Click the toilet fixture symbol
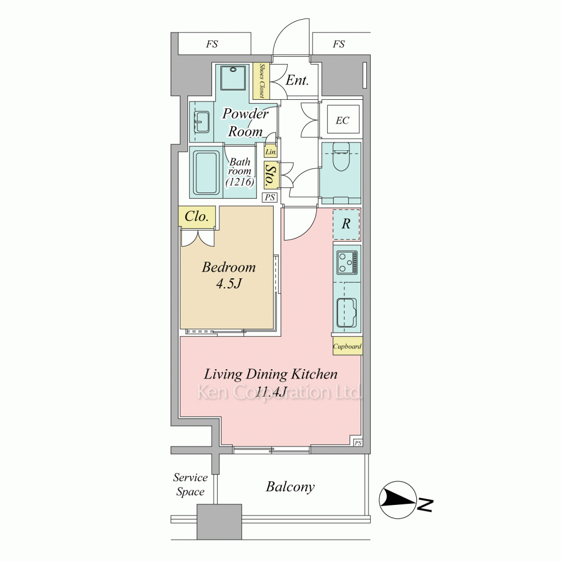coord(341,157)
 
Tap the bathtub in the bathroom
coord(206,173)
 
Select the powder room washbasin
coord(202,122)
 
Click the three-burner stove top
coord(347,262)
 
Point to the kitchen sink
coord(347,312)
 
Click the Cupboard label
coord(347,346)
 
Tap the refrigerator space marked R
coord(346,224)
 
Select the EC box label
coord(342,120)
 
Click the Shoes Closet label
coord(261,81)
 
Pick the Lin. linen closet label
coord(271,151)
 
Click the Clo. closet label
coord(196,216)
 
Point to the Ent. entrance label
coord(297,80)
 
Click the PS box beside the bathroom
coord(270,197)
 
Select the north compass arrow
coord(398,500)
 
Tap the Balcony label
coord(290,486)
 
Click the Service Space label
coord(190,485)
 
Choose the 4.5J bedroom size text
coord(229,284)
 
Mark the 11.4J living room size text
coord(271,392)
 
